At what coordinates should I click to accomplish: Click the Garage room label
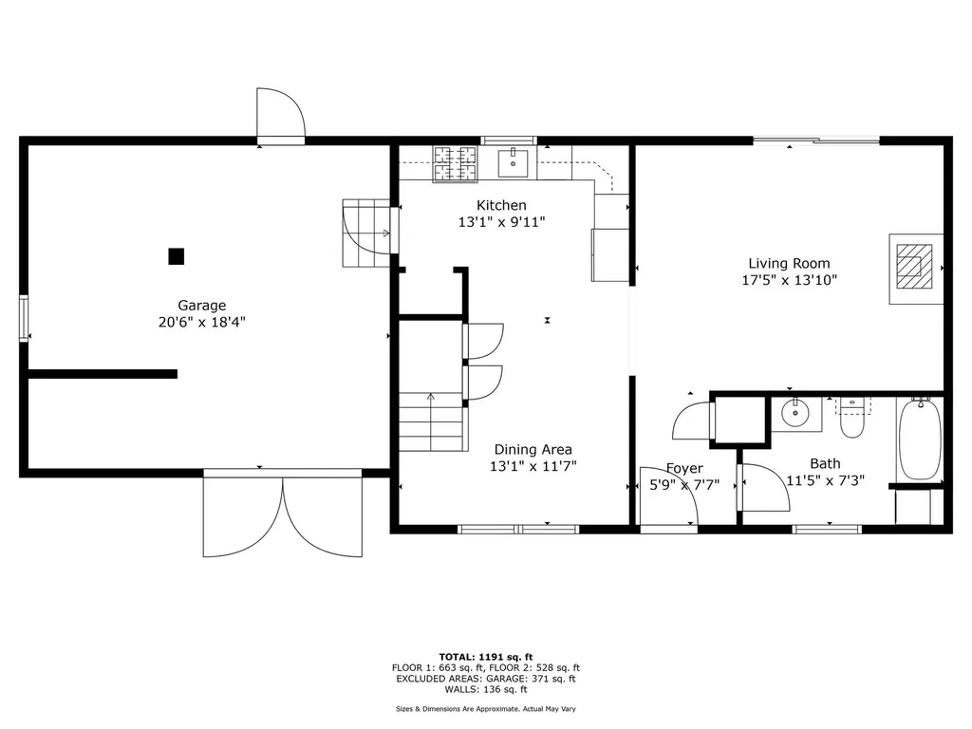click(201, 306)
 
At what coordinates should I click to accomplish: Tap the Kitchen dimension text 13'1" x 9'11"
click(501, 222)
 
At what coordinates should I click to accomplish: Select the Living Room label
click(789, 264)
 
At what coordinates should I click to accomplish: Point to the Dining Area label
click(533, 449)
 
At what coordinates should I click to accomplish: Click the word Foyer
click(684, 469)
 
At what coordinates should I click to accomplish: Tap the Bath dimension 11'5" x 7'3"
click(825, 480)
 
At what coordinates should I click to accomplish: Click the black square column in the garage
click(176, 256)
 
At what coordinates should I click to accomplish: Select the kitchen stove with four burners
click(456, 164)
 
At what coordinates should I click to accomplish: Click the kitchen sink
click(514, 163)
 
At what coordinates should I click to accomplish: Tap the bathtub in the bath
click(921, 439)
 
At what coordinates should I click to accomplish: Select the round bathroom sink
click(794, 413)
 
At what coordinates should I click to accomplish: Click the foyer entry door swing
click(669, 495)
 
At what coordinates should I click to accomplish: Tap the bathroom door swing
click(766, 487)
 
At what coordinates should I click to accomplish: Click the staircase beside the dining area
click(431, 422)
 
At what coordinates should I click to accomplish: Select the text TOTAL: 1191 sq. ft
click(486, 657)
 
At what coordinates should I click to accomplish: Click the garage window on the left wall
click(24, 318)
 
